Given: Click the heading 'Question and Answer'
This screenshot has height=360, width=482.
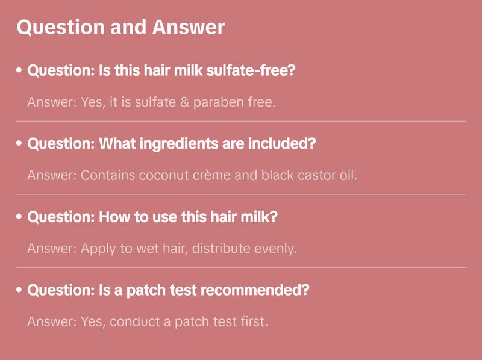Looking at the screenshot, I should pos(120,27).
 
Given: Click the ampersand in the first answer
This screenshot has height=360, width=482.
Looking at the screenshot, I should pos(182,102).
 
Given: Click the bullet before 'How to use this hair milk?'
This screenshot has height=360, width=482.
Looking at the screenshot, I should pos(19,217).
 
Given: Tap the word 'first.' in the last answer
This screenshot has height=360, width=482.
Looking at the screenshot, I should pos(251,322).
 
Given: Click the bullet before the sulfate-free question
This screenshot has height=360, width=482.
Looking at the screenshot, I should pos(19,70).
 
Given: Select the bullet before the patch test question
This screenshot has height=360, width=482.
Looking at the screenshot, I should pos(19,290).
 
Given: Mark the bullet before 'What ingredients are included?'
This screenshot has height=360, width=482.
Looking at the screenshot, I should pos(19,144).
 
